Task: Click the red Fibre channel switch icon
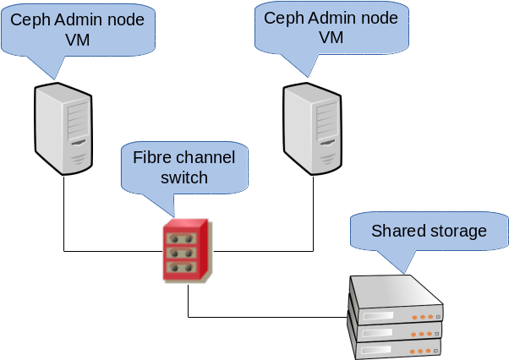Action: (x=187, y=251)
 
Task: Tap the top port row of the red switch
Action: (x=183, y=238)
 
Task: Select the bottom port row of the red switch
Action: (x=183, y=269)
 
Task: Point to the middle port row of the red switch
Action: (x=183, y=254)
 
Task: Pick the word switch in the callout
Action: (x=183, y=177)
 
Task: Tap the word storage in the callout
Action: (x=457, y=231)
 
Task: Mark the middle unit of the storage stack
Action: (x=396, y=330)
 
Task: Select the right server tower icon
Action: (x=314, y=128)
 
